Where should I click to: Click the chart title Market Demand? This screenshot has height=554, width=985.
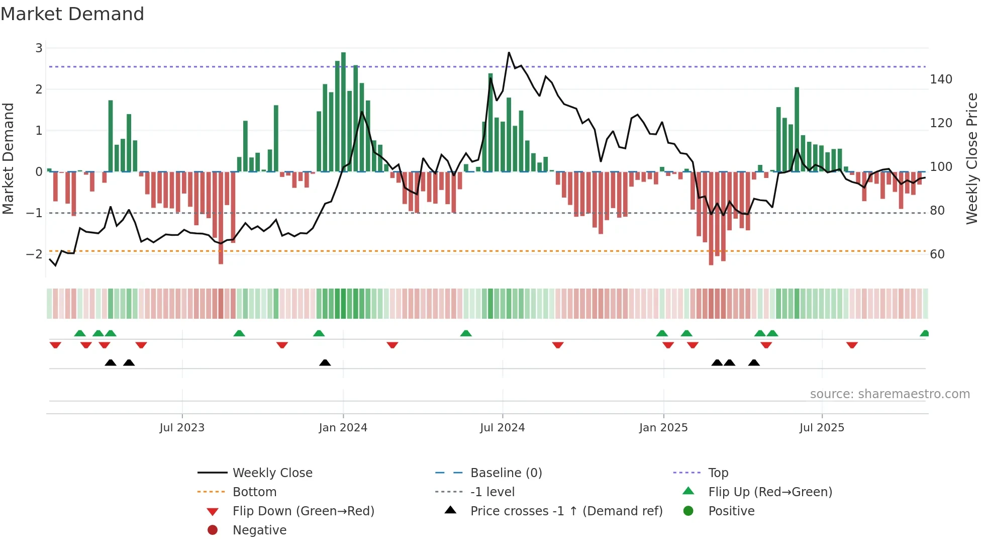72,14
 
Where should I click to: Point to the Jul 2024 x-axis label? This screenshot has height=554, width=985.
502,428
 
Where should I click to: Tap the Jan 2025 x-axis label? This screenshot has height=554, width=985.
663,428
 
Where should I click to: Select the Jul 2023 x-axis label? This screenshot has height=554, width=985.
182,428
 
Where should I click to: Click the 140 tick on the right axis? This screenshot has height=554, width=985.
941,79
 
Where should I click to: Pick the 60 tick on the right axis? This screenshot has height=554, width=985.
937,254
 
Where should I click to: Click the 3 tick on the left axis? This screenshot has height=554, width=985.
39,48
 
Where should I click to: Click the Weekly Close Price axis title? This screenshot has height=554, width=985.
972,158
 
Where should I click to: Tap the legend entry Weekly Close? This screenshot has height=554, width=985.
272,473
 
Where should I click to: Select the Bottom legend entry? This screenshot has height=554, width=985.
254,492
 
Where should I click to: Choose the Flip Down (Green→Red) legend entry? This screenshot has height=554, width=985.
303,511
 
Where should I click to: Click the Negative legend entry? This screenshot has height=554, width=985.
259,530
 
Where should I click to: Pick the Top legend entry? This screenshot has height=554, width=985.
718,473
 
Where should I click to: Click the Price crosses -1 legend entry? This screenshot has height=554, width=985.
566,511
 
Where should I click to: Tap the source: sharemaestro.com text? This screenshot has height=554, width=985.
890,394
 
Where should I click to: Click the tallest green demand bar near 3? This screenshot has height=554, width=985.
343,111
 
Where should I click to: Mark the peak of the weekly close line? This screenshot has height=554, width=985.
509,52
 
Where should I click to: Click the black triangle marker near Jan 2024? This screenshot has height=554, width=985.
325,363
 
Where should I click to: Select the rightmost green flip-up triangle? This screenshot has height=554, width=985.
924,333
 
